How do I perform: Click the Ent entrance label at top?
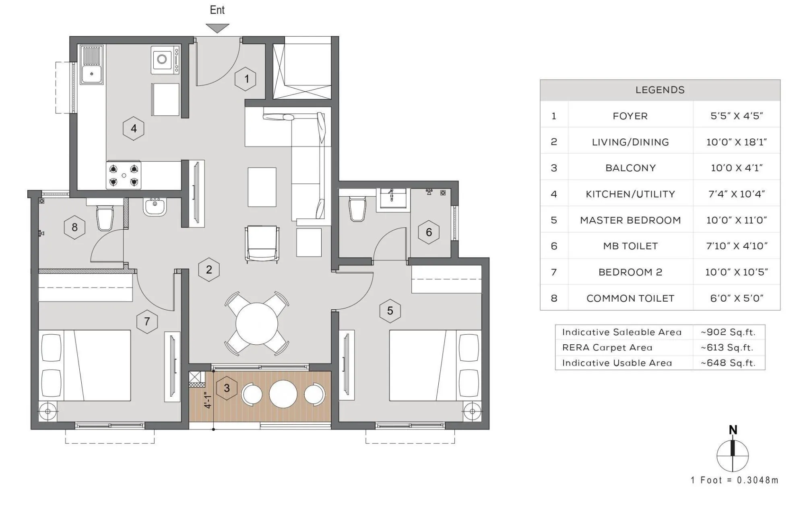217,10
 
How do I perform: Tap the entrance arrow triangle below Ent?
217,28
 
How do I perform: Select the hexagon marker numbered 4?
134,128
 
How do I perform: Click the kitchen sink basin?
92,74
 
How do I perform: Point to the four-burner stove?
124,175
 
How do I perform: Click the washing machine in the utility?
165,60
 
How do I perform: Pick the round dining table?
257,324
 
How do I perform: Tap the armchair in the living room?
262,244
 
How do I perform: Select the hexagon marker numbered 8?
74,227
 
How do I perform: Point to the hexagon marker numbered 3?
227,388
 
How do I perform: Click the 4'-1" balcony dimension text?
208,400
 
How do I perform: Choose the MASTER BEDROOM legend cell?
630,220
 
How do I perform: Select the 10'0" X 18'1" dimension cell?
736,142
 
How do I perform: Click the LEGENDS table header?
660,90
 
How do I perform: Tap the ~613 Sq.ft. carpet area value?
728,348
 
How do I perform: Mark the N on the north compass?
733,430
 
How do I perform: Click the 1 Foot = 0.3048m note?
734,480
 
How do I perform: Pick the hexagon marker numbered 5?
390,311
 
